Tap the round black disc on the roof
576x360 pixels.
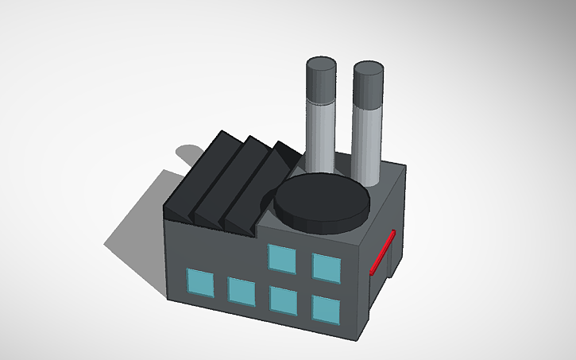tap(322, 202)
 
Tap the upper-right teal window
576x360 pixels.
tap(325, 267)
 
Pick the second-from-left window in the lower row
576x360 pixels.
tap(241, 290)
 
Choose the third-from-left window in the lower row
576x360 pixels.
tap(283, 299)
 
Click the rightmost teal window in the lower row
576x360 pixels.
tap(324, 308)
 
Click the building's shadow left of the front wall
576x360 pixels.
tap(139, 246)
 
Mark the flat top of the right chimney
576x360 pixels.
tap(368, 68)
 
